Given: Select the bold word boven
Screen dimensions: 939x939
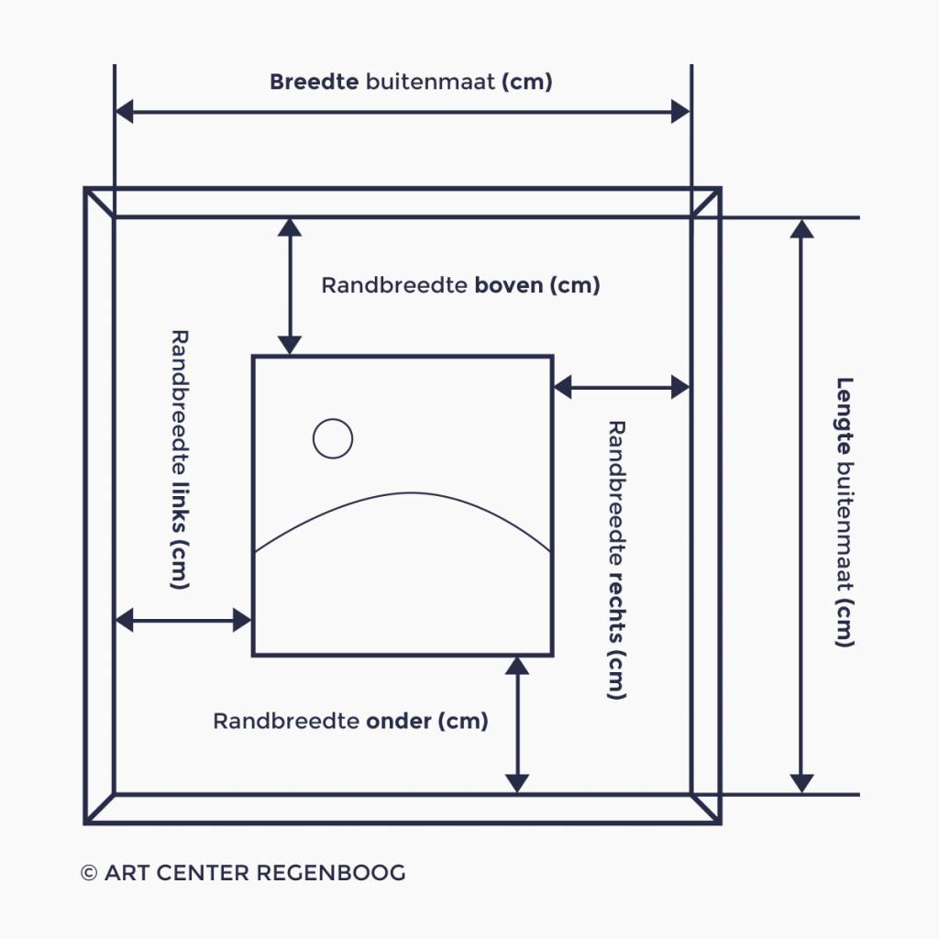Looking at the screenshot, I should point(509,285).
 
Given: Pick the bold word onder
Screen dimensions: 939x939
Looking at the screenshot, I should point(398,721).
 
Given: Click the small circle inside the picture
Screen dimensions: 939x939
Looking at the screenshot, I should point(333,438).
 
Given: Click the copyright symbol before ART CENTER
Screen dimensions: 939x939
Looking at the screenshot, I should point(89,873).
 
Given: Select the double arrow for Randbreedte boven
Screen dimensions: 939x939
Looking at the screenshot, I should point(290,286).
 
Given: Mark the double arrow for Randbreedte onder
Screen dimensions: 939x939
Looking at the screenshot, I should point(517,724).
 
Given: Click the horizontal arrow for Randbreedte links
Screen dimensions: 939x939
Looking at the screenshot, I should point(182,621).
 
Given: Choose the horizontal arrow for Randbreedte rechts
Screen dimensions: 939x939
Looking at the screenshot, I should point(621,387).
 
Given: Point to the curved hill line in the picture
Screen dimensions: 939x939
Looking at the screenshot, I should point(403,496).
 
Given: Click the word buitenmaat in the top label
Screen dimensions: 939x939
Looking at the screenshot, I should point(430,82).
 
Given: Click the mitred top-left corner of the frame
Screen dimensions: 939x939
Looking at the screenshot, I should point(99,203).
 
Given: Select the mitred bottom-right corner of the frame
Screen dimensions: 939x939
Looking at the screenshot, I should point(705,808).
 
